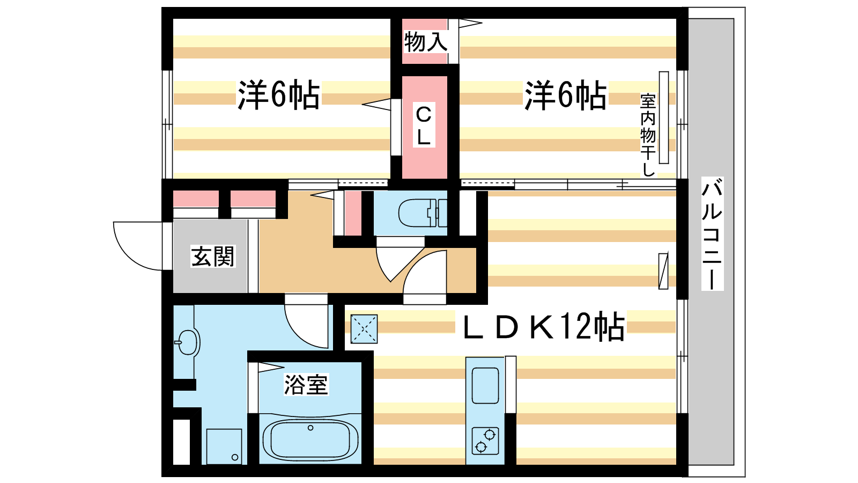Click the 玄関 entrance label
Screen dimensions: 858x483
[x=213, y=257]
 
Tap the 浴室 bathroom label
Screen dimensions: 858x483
[x=306, y=384]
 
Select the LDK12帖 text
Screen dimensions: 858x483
[x=544, y=327]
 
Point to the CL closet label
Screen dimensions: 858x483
[x=424, y=126]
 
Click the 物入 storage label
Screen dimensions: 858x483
[x=426, y=42]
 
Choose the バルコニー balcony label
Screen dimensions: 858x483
[x=712, y=234]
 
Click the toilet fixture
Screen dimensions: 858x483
[x=423, y=213]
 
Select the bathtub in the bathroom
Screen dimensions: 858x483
[x=310, y=438]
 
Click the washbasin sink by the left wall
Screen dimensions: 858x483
[x=187, y=342]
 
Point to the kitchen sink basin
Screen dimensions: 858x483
[x=485, y=386]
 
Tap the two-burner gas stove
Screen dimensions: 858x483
[x=485, y=441]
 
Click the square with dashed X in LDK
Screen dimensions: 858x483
[x=364, y=329]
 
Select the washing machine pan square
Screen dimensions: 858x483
[x=224, y=447]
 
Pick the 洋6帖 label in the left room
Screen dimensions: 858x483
[x=278, y=96]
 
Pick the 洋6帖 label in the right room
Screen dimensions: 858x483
[x=565, y=96]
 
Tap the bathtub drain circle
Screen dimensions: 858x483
[x=310, y=428]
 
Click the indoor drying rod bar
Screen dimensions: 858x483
[x=664, y=118]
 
